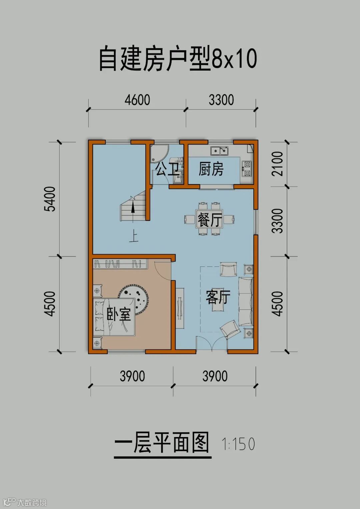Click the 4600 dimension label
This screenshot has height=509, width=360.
pos(137,100)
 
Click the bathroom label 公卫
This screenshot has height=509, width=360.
pos(167,169)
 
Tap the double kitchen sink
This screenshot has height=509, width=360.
pos(219,151)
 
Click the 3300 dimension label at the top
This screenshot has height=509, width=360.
pos(221,100)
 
